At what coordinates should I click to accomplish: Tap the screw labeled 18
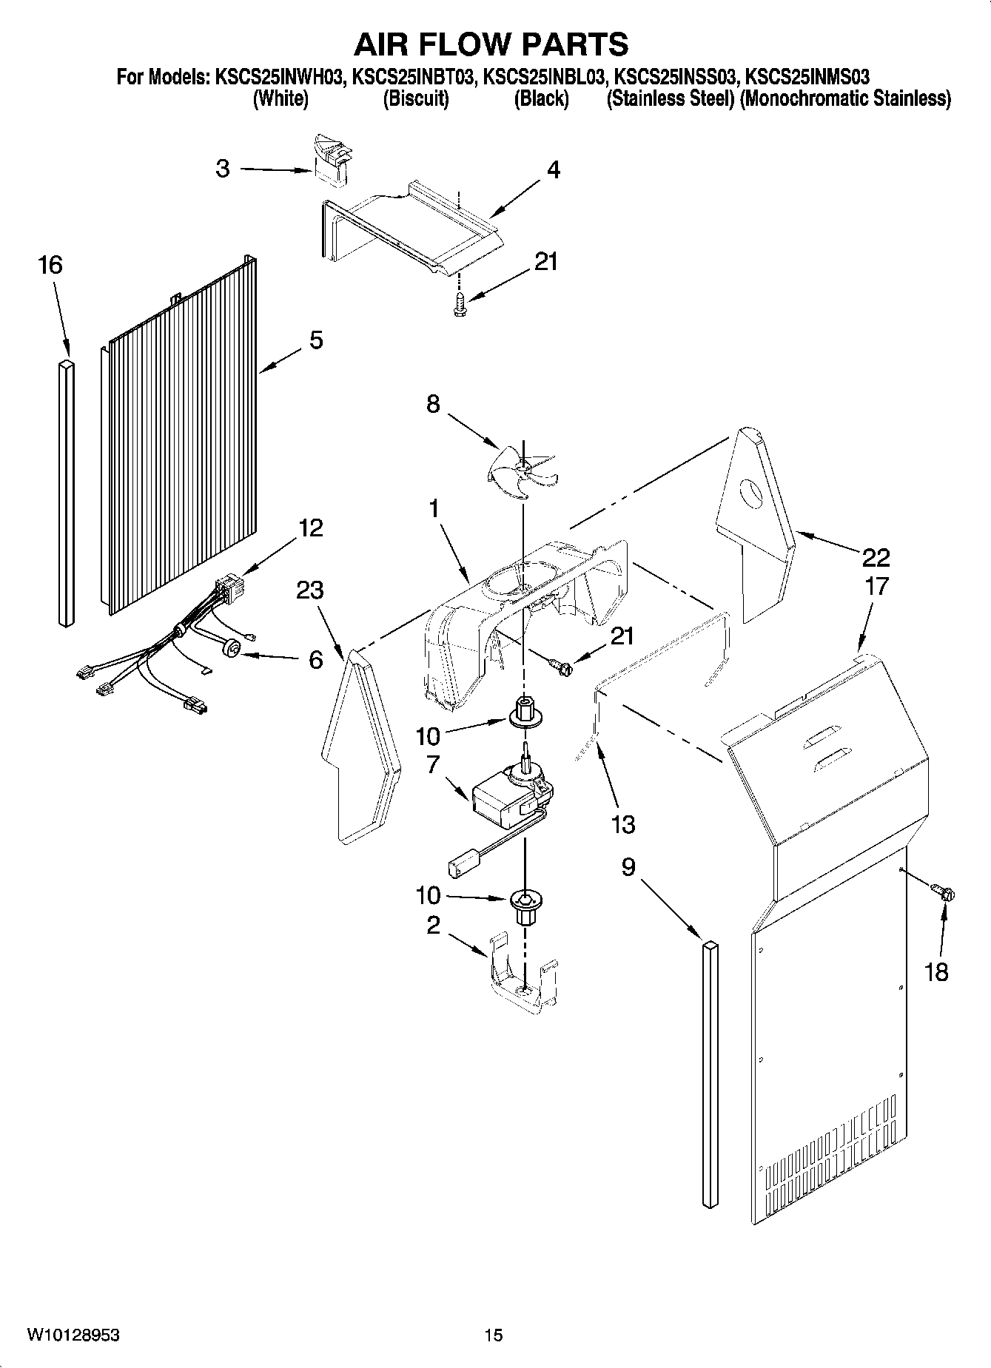tap(943, 893)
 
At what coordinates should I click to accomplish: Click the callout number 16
tap(50, 265)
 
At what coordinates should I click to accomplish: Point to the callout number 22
tap(876, 556)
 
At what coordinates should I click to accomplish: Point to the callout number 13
tap(623, 823)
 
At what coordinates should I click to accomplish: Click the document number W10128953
tap(73, 1334)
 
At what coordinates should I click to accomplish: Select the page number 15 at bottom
tap(494, 1335)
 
